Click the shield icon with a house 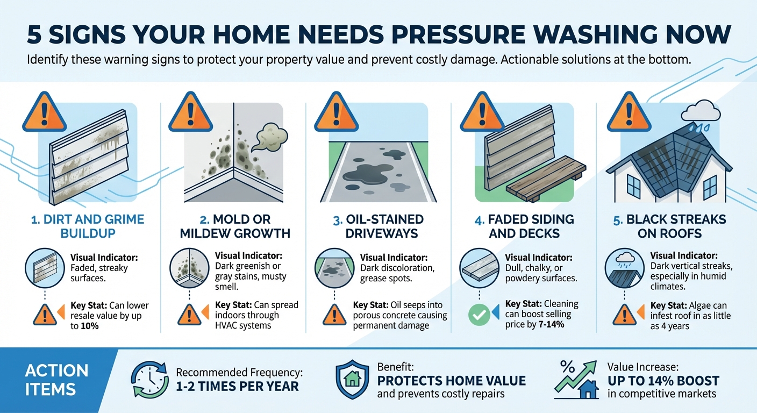pyautogui.click(x=352, y=379)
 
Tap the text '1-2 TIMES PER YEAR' pyautogui.click(x=237, y=386)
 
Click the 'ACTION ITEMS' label pyautogui.click(x=56, y=380)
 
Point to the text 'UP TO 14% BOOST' pyautogui.click(x=663, y=381)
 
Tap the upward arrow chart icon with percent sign pyautogui.click(x=575, y=380)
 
